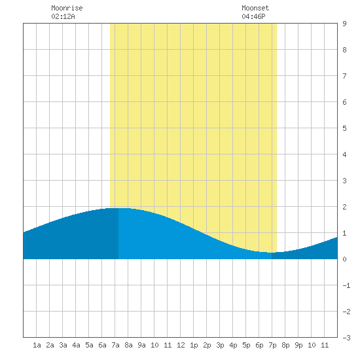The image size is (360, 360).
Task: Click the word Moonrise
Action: click(67, 8)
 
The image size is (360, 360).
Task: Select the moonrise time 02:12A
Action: click(63, 16)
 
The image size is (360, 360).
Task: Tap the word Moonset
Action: click(255, 8)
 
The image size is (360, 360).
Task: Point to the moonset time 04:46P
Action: click(253, 16)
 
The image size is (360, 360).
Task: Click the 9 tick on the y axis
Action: click(344, 24)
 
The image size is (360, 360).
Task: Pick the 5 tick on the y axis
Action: click(344, 128)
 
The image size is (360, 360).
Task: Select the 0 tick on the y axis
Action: click(344, 259)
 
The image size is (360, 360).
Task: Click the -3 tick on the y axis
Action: click(346, 338)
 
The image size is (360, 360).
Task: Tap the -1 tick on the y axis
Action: click(346, 285)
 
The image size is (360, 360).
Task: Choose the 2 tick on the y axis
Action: click(344, 207)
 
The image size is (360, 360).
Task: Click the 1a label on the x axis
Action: click(37, 345)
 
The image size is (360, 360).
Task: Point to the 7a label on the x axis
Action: click(115, 345)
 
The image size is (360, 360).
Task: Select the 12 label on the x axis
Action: click(181, 345)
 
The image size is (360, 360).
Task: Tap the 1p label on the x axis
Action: click(194, 345)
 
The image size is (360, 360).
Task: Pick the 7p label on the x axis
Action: click(272, 345)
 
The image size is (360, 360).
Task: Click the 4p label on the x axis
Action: click(233, 345)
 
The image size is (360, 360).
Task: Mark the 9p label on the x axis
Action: click(298, 345)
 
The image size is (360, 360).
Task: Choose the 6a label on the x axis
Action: click(102, 345)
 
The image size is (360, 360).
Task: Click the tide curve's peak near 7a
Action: click(118, 208)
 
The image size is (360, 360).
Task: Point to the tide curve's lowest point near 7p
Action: click(272, 253)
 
